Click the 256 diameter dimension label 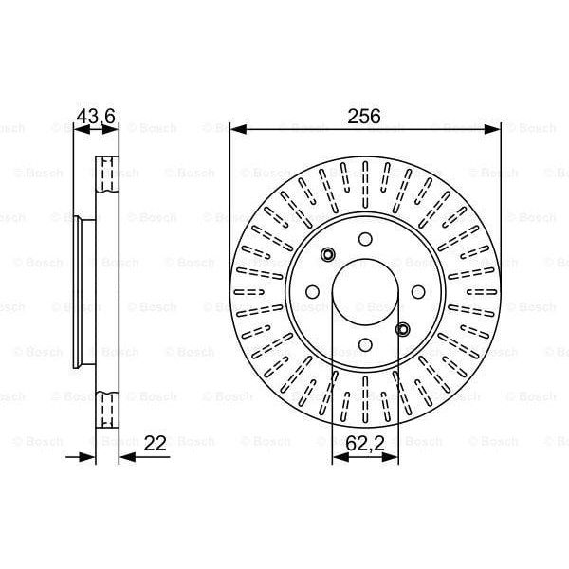pyautogui.click(x=364, y=116)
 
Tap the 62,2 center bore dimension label pyautogui.click(x=365, y=443)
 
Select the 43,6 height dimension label pyautogui.click(x=96, y=116)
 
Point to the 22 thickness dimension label pyautogui.click(x=155, y=443)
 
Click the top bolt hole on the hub pyautogui.click(x=365, y=239)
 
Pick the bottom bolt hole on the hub pyautogui.click(x=365, y=345)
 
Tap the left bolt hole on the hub pyautogui.click(x=312, y=292)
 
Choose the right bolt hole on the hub pyautogui.click(x=418, y=292)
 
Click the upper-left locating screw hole pyautogui.click(x=328, y=254)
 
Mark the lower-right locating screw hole pyautogui.click(x=402, y=329)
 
